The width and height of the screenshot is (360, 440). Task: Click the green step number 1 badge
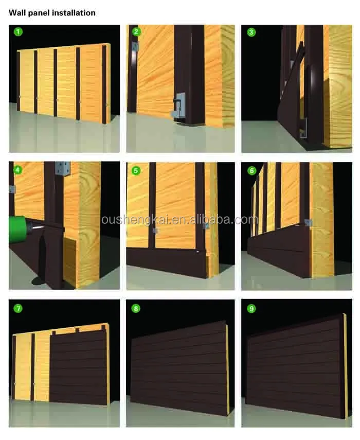click(x=18, y=32)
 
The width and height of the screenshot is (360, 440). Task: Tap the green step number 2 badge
click(x=136, y=31)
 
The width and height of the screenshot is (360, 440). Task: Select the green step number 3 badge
click(x=251, y=32)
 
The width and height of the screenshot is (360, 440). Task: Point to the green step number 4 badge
click(x=18, y=170)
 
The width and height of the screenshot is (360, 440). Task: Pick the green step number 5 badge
click(x=136, y=171)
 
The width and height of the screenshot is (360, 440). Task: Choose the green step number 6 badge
click(x=252, y=171)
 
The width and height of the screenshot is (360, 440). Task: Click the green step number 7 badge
click(x=18, y=308)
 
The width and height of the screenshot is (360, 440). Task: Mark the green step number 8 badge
click(x=136, y=309)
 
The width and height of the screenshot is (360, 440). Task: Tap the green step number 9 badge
click(x=251, y=309)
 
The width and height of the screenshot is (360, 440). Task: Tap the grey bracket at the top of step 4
click(x=63, y=169)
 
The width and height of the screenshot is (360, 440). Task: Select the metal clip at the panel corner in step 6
click(x=309, y=223)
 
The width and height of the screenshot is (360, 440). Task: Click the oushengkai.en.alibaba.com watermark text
click(x=179, y=219)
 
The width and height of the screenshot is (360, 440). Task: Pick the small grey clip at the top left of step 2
click(x=136, y=46)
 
